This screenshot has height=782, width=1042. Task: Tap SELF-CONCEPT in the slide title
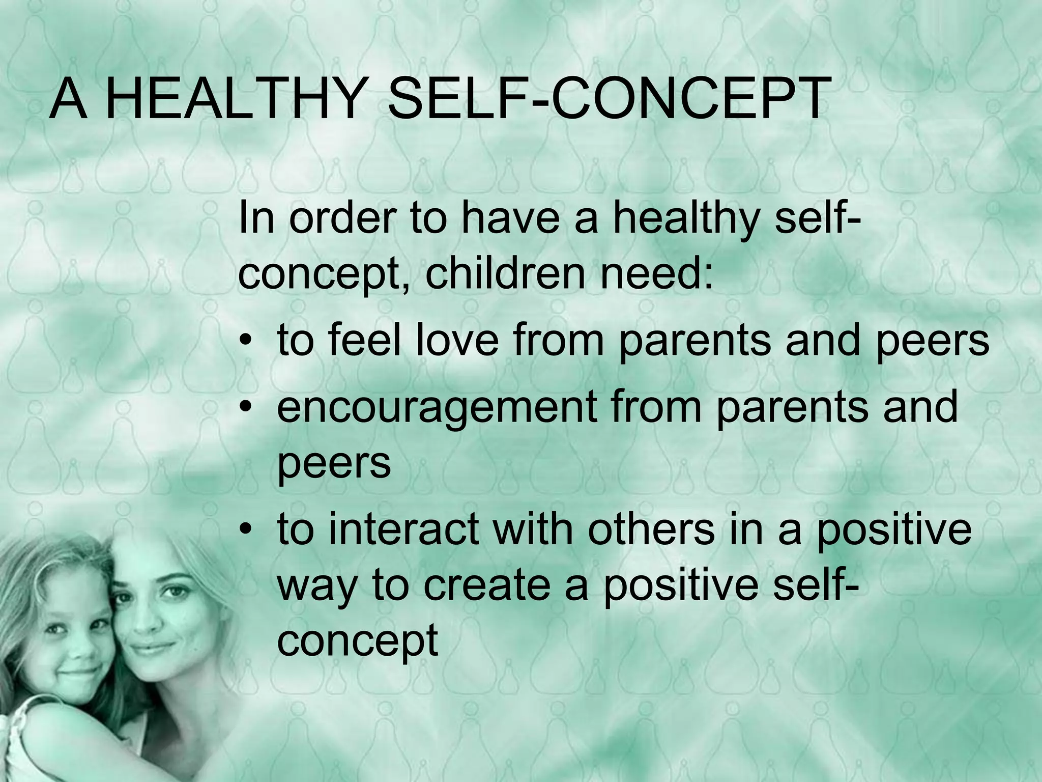click(x=606, y=100)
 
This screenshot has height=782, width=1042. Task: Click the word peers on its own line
click(x=334, y=464)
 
